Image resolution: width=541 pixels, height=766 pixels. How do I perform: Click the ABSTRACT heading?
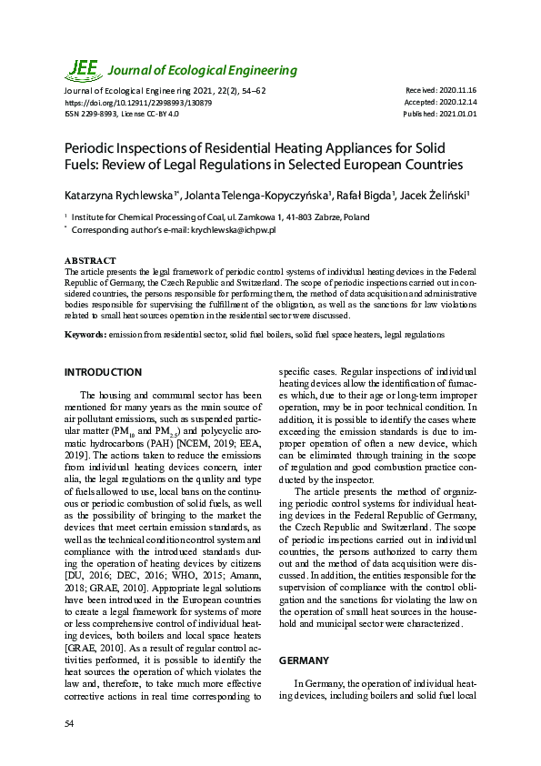(90, 261)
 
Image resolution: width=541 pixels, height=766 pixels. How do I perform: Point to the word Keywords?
(85, 335)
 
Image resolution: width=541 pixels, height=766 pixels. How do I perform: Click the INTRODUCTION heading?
(103, 372)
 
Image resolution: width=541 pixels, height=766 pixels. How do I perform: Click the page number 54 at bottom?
(69, 722)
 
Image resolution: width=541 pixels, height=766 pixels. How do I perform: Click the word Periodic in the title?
(93, 147)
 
